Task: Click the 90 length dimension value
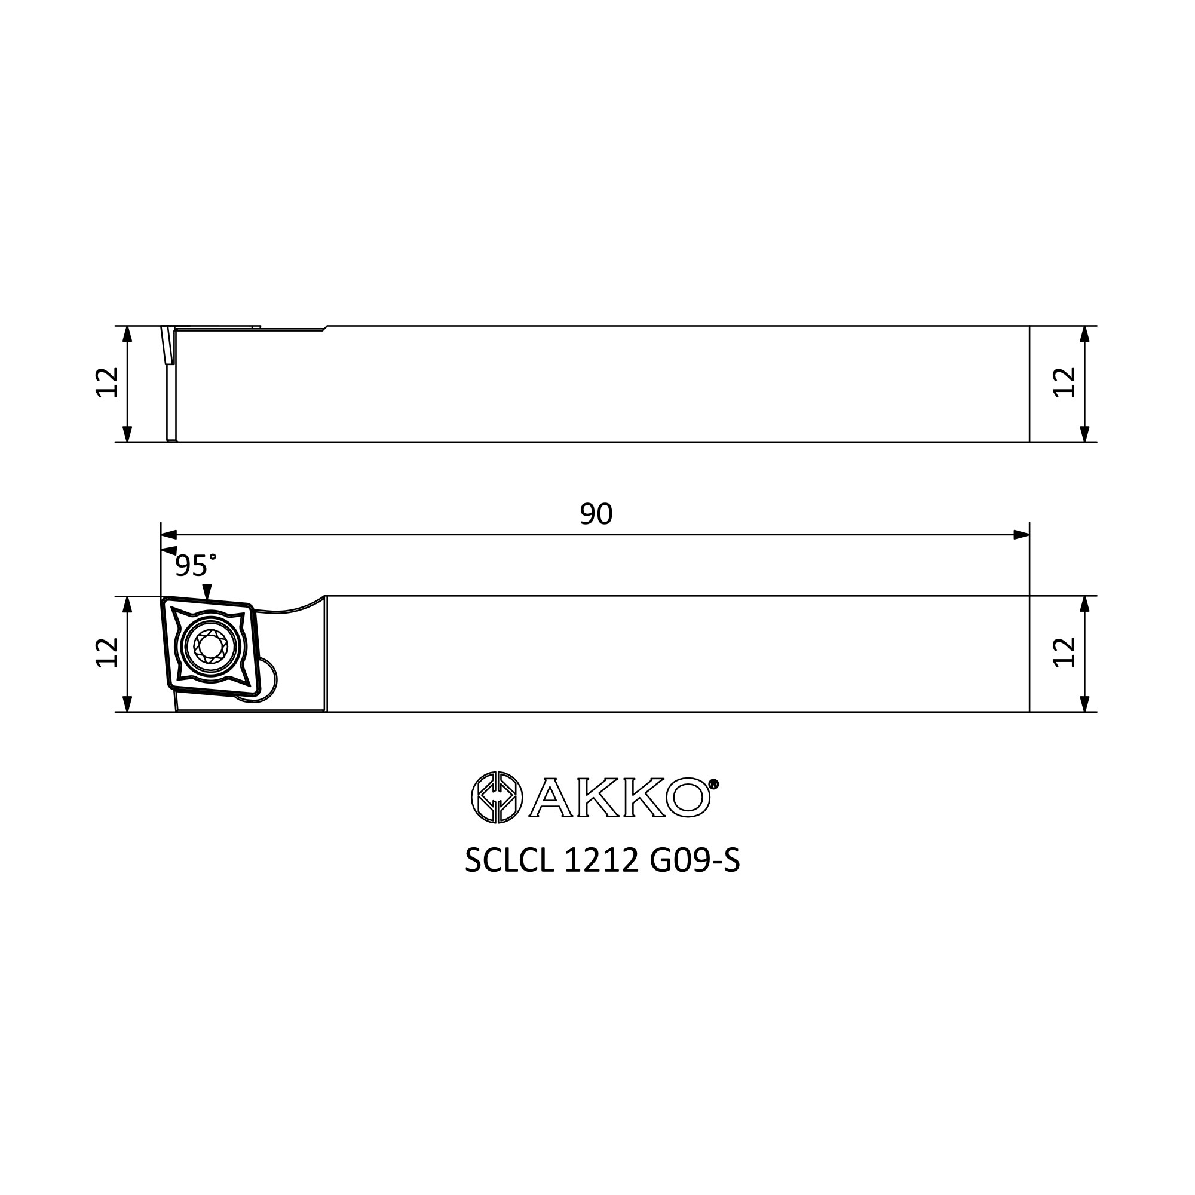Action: (596, 514)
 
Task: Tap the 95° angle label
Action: (195, 565)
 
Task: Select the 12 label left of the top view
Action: (107, 383)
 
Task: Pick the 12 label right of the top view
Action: (1065, 383)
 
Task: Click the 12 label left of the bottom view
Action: (107, 652)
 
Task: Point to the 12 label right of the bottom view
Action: (1065, 652)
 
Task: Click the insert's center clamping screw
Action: (211, 647)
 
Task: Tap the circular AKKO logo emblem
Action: (497, 798)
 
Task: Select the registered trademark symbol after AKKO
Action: (713, 785)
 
